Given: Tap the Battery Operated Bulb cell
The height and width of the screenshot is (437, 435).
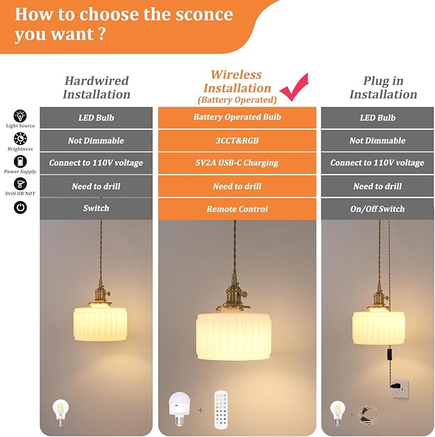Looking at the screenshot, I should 237,118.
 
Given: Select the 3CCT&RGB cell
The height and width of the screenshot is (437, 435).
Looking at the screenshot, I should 237,141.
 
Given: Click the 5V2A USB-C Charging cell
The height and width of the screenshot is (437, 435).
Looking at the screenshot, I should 237,163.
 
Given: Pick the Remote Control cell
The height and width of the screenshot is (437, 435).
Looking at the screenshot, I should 237,209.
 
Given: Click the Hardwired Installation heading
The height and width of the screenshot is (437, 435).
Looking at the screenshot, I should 96,88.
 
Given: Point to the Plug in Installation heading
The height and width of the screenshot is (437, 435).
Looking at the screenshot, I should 383,88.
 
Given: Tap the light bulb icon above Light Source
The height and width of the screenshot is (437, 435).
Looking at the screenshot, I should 21,116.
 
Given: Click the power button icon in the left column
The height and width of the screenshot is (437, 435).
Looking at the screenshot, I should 21,207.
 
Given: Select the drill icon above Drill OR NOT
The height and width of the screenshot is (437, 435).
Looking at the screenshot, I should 21,184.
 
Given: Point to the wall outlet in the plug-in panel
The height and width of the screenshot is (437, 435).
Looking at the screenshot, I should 400,386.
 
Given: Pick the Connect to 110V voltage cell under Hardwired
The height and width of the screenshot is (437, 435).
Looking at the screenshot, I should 96,163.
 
